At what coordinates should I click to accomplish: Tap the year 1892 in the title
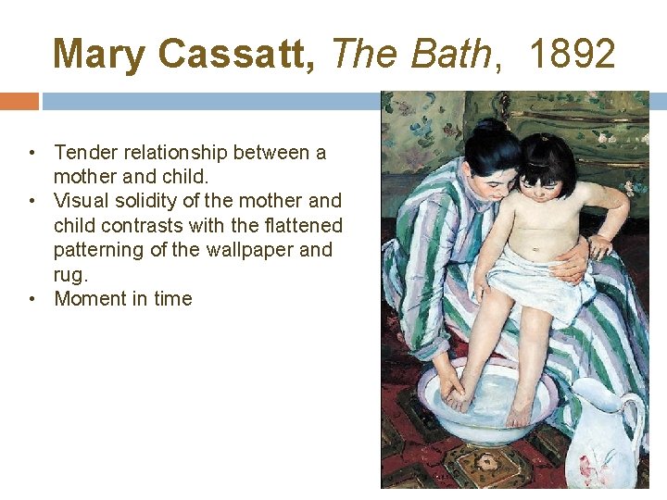pyautogui.click(x=573, y=55)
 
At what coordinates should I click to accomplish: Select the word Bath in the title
pyautogui.click(x=454, y=55)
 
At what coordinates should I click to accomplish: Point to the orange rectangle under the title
pyautogui.click(x=19, y=100)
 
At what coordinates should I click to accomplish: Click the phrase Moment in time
pyautogui.click(x=122, y=298)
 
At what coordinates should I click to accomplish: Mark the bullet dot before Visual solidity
pyautogui.click(x=31, y=201)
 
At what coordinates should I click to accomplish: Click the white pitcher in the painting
pyautogui.click(x=602, y=435)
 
